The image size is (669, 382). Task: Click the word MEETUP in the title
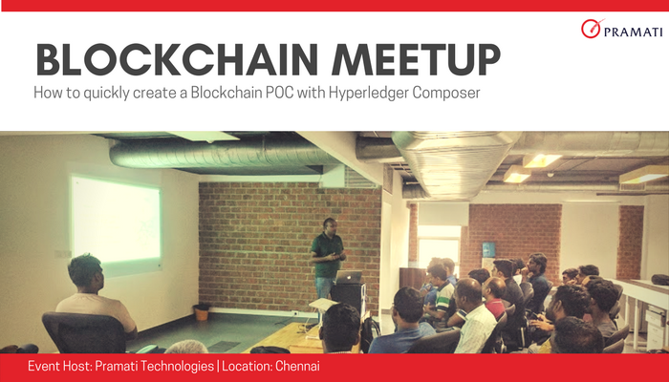[x=411, y=60]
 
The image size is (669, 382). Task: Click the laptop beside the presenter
[x=350, y=277]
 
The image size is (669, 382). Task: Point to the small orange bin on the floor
[x=201, y=311]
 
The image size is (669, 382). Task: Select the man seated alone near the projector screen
[x=92, y=296]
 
